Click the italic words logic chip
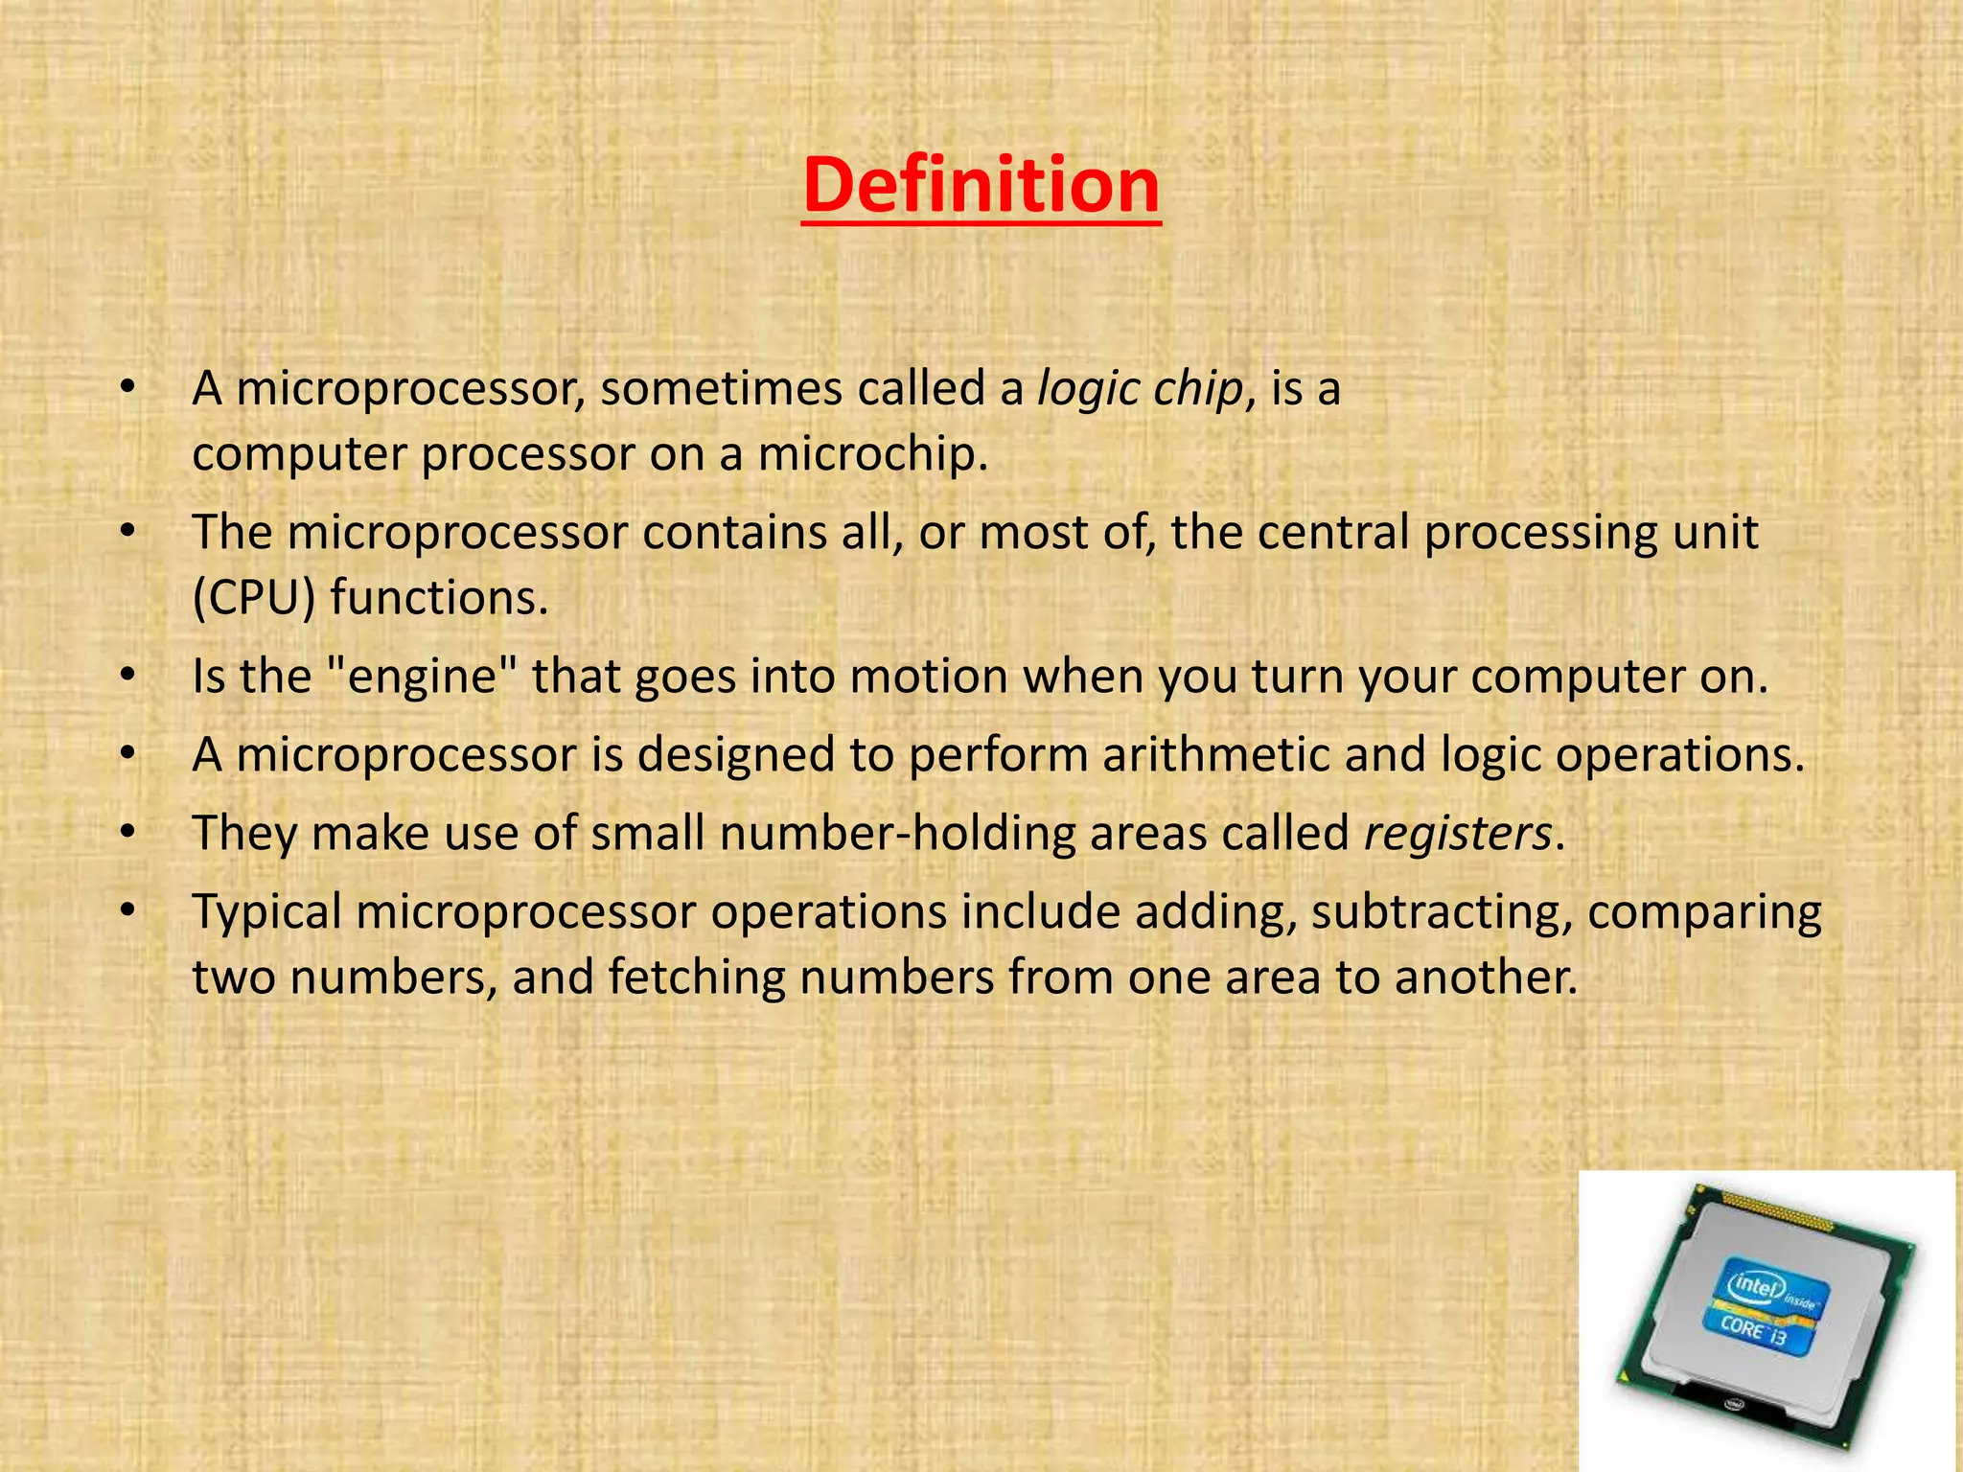pos(1140,389)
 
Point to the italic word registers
pos(1457,833)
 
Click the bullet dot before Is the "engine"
pos(127,677)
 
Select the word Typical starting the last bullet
pos(266,912)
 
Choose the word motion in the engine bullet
pos(928,676)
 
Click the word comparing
pos(1704,912)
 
